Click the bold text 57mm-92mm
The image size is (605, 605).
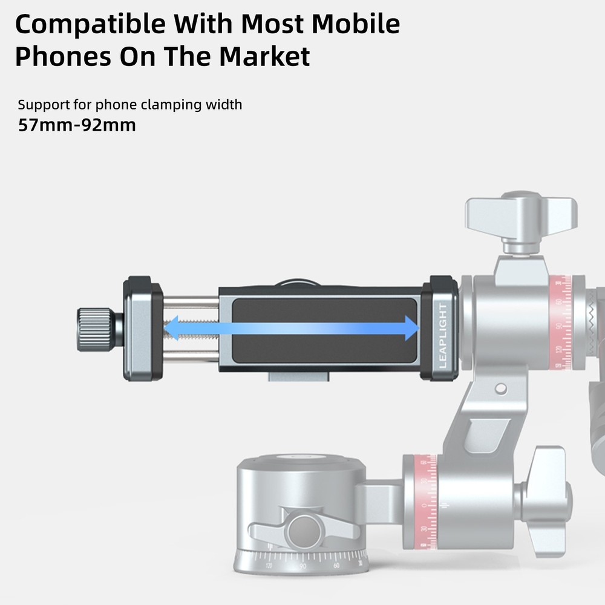77,126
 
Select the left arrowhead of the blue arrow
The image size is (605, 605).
172,329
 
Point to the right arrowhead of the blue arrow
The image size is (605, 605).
411,329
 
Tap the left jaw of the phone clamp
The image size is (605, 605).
142,329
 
